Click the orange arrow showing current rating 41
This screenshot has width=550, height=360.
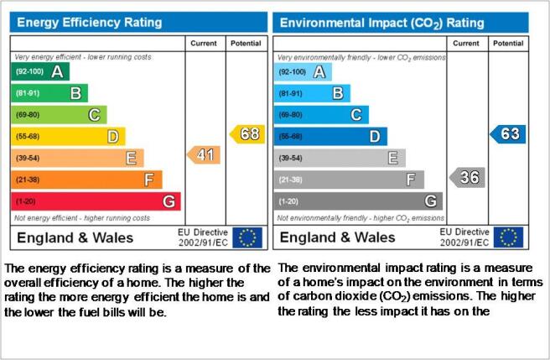204,155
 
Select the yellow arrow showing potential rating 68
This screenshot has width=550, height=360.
247,133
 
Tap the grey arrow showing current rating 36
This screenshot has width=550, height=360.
467,177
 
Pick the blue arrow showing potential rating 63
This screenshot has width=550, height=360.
508,133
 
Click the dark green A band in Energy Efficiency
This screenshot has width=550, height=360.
40,71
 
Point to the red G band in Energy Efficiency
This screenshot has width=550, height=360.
96,201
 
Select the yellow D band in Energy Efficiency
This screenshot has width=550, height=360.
68,136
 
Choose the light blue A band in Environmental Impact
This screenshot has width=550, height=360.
303,72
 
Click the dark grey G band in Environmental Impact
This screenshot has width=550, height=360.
358,201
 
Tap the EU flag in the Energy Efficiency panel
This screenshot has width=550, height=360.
247,237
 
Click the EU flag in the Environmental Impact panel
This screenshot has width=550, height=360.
508,237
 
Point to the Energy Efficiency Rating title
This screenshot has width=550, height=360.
90,23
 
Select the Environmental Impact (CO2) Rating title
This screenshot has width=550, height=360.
382,23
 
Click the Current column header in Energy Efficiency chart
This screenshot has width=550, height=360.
204,43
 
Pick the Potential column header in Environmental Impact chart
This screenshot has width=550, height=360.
508,43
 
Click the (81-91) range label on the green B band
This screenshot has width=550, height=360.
28,93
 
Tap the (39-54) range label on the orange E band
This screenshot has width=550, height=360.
28,158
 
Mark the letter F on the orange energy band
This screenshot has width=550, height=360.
149,180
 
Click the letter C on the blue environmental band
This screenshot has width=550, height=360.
356,115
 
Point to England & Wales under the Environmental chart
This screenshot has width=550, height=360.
337,237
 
